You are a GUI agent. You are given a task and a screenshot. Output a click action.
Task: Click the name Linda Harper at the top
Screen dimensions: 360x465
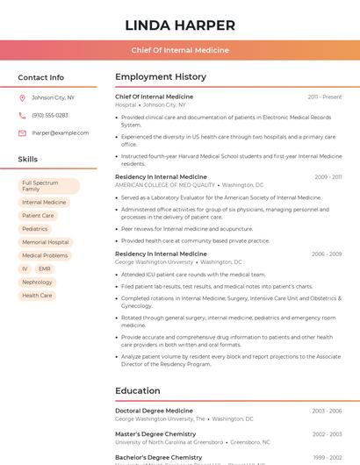(x=180, y=25)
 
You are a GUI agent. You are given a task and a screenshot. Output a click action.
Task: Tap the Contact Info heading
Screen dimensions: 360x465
(x=41, y=77)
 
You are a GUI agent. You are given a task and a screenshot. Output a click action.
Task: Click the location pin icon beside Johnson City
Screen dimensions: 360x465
(x=22, y=97)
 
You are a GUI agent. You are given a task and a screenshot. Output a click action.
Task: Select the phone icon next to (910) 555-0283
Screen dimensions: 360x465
(x=22, y=115)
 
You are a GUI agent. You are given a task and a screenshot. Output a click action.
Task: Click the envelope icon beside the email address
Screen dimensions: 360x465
(x=22, y=132)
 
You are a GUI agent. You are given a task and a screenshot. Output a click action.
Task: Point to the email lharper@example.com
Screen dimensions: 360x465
(x=61, y=132)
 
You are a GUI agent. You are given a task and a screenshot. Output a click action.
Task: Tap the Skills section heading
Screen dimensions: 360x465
(x=28, y=159)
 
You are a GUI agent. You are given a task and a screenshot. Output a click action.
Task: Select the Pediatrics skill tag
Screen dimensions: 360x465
(x=35, y=229)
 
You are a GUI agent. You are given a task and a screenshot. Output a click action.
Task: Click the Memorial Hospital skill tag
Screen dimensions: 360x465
(x=46, y=242)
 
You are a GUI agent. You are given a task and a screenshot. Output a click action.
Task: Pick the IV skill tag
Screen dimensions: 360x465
(x=25, y=268)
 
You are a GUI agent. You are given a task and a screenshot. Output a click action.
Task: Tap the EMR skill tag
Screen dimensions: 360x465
(x=44, y=268)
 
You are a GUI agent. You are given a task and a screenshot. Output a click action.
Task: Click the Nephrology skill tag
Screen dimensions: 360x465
(x=38, y=283)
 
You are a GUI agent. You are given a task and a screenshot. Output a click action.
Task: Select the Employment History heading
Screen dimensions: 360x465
(x=161, y=77)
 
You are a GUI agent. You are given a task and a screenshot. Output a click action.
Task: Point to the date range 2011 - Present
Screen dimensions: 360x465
(x=325, y=97)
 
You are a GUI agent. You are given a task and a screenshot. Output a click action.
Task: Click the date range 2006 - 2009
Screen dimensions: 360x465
(x=327, y=254)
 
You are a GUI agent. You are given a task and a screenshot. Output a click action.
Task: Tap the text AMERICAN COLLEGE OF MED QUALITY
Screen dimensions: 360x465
(x=165, y=185)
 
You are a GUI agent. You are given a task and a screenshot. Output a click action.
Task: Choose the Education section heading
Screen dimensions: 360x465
(x=138, y=390)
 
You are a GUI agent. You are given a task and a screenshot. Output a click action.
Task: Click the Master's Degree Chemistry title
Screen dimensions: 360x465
(x=155, y=434)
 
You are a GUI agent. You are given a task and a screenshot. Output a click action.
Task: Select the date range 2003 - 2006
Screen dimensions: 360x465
(x=327, y=411)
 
